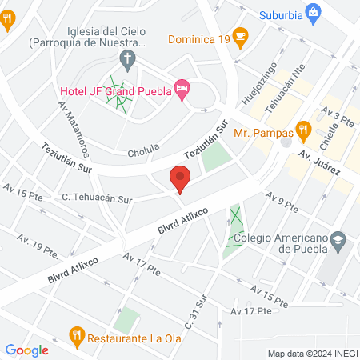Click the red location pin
pyautogui.click(x=180, y=178)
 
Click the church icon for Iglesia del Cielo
pyautogui.click(x=126, y=58)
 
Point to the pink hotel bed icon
pyautogui.click(x=182, y=90)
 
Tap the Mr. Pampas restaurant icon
pyautogui.click(x=303, y=129)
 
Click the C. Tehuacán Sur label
pyautogui.click(x=97, y=196)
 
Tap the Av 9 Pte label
pyautogui.click(x=282, y=205)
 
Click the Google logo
pyautogui.click(x=27, y=350)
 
